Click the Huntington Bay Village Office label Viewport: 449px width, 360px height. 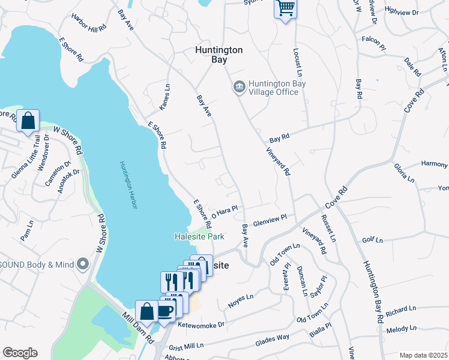(273, 88)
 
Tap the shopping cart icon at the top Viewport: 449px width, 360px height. (286, 9)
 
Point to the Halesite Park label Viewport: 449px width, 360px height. (199, 237)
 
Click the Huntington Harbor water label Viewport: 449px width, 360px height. (128, 186)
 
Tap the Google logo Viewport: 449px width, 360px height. (20, 353)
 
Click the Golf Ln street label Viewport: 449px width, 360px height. (372, 240)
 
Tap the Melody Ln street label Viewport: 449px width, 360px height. (402, 329)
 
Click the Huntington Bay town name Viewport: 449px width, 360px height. (219, 55)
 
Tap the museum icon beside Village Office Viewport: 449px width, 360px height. (239, 88)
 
